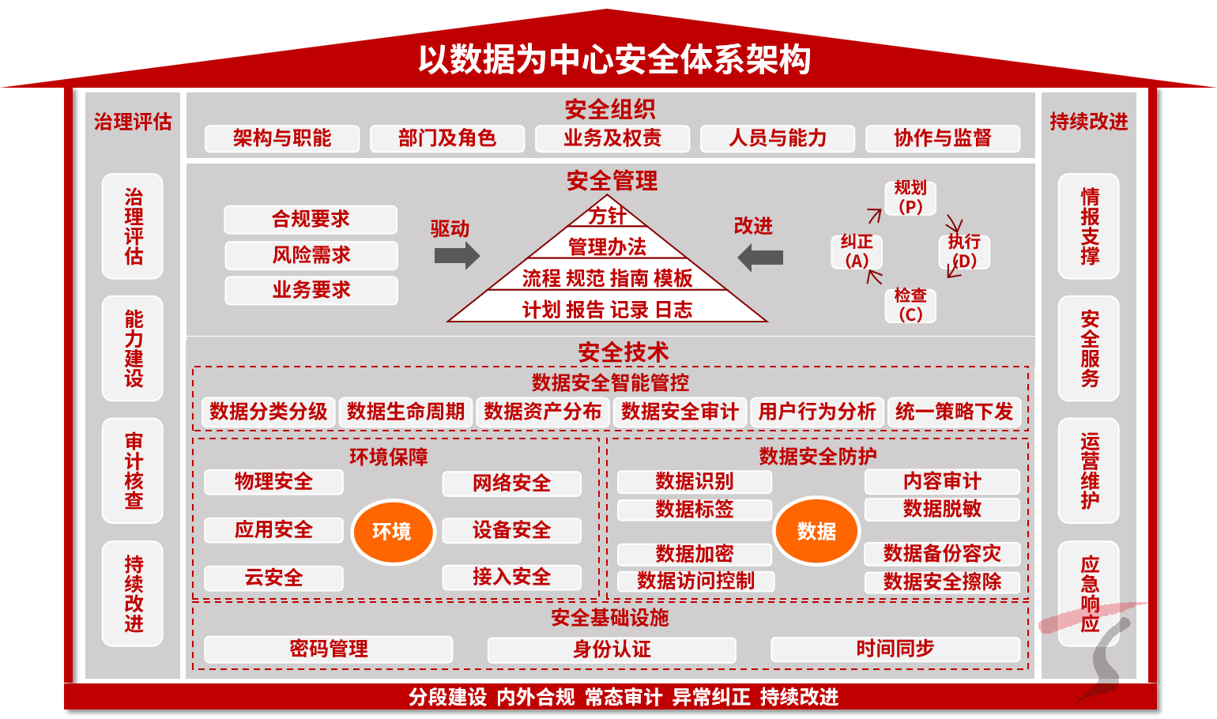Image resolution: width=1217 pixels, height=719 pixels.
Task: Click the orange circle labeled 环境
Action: point(393,531)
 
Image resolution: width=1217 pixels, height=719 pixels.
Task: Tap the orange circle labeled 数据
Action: point(816,531)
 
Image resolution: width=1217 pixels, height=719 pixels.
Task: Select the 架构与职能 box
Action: point(282,138)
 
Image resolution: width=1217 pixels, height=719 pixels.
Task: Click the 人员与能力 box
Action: point(778,138)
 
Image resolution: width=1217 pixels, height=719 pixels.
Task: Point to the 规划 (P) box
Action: point(910,198)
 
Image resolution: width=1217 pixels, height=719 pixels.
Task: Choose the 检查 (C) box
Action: point(910,305)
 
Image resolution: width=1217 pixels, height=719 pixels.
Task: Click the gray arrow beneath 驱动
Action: point(457,256)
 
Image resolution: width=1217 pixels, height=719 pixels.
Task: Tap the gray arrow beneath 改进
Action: point(760,258)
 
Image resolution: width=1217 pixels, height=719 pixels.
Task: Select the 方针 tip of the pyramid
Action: point(607,215)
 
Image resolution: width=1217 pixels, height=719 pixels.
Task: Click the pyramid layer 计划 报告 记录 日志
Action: point(607,310)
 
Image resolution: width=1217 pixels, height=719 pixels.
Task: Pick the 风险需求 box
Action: point(311,255)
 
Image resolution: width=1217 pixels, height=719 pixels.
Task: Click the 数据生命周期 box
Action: point(405,412)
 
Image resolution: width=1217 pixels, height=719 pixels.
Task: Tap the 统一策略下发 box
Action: point(954,412)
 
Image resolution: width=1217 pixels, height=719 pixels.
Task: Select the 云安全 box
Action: point(273,578)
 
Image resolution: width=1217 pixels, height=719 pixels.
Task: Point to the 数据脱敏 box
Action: point(942,509)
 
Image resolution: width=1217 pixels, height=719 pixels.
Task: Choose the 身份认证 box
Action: point(612,649)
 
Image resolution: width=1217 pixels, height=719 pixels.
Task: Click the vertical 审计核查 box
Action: point(134,471)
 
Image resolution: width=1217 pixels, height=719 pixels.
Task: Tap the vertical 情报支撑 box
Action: point(1089,226)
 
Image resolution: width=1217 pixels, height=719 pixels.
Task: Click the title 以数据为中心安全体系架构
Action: point(614,60)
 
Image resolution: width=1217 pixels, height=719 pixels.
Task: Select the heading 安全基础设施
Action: point(610,618)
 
